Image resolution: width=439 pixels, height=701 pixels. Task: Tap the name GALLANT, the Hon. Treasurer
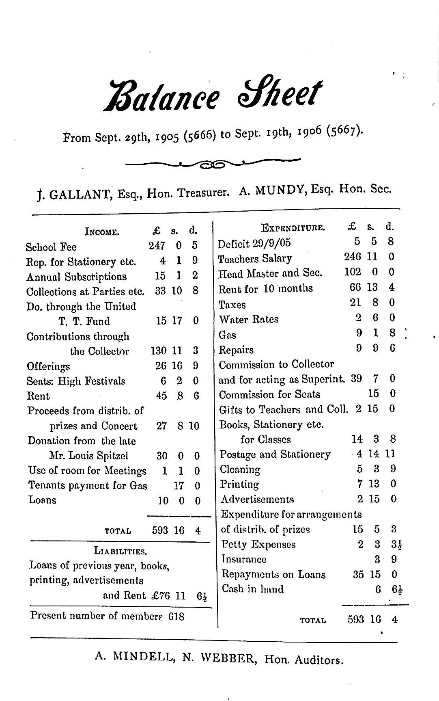81,195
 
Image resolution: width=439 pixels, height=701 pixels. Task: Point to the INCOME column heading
102,232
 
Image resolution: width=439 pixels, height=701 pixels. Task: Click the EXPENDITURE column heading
293,228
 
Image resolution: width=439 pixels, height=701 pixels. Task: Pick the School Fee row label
51,247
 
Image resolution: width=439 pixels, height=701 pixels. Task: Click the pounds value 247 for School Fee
157,246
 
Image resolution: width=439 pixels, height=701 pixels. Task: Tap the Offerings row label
48,366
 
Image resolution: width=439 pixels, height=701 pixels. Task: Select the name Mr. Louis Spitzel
89,456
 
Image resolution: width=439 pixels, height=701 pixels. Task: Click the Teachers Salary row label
255,259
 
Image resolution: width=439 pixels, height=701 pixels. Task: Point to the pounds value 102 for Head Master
352,272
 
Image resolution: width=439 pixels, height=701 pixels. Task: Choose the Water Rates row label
249,319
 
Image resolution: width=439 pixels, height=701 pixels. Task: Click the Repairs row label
236,350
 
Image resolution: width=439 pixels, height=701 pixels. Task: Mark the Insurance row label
244,559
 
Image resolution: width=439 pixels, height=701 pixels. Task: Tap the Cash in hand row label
252,589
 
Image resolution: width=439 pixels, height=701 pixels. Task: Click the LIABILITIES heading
120,551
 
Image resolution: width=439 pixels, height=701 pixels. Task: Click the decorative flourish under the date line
213,164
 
